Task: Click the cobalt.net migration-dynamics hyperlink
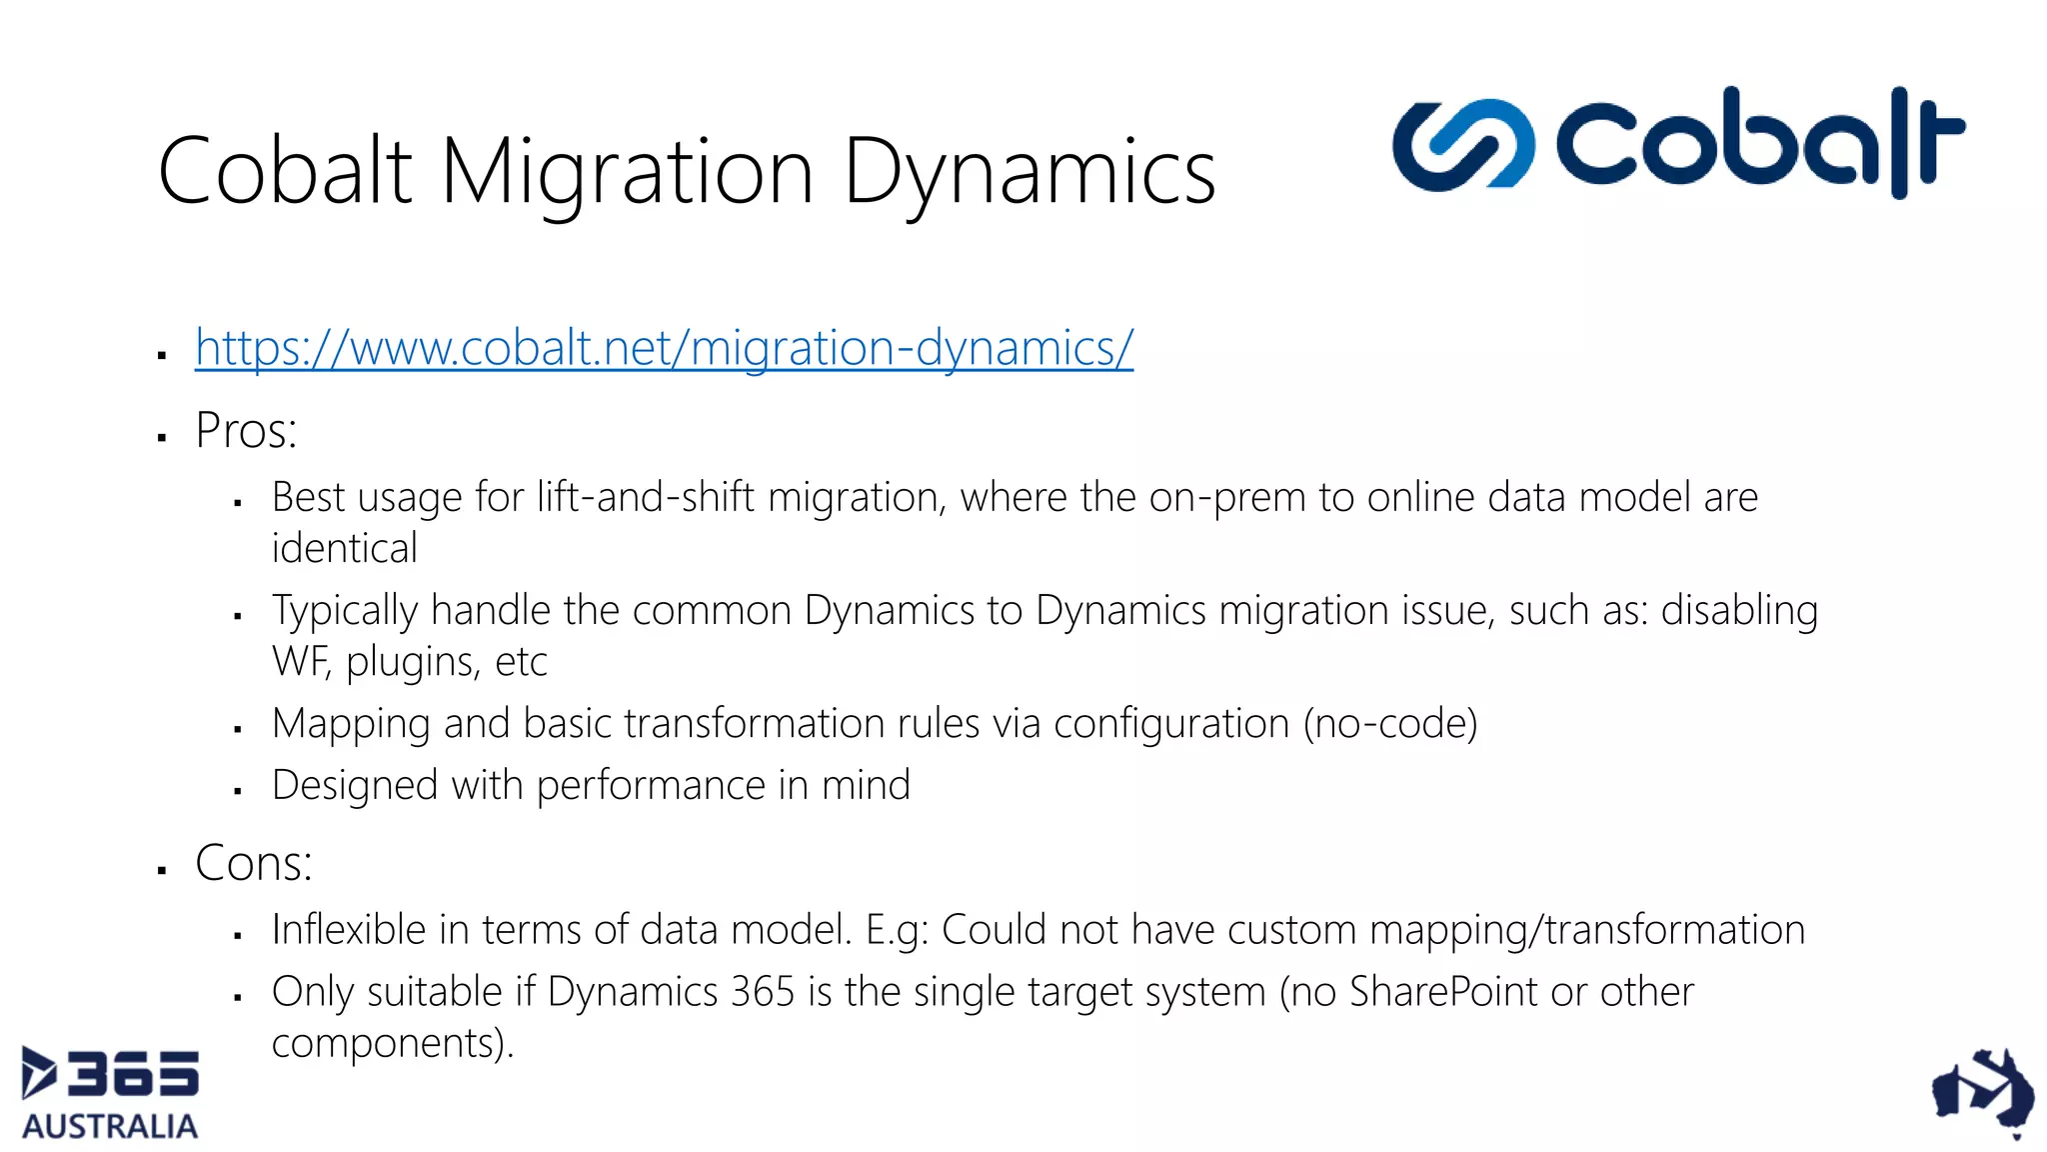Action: pyautogui.click(x=664, y=348)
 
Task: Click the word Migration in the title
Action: pyautogui.click(x=627, y=172)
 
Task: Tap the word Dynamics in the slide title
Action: pyautogui.click(x=1029, y=172)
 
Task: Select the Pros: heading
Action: pyautogui.click(x=246, y=431)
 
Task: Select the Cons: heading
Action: pyautogui.click(x=253, y=863)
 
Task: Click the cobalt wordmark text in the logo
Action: pyautogui.click(x=1759, y=142)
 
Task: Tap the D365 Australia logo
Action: pyautogui.click(x=110, y=1093)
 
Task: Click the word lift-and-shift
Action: pyautogui.click(x=645, y=497)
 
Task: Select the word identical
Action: pyautogui.click(x=344, y=548)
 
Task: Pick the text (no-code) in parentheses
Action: pyautogui.click(x=1389, y=723)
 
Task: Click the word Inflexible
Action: pyautogui.click(x=349, y=930)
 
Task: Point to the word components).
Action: pyautogui.click(x=392, y=1044)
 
